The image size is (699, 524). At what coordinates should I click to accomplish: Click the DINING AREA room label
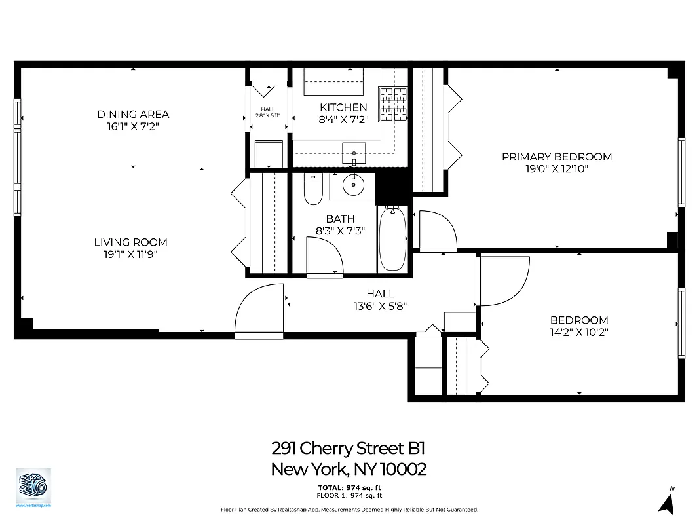pos(133,115)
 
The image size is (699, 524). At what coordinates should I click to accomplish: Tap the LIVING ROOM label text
pos(130,242)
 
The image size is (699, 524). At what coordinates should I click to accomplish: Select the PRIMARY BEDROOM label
pos(557,157)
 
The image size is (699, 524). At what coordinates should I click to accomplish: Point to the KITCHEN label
pos(343,107)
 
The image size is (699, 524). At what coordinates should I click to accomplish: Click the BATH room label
pos(340,219)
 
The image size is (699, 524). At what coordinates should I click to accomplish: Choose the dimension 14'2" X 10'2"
pos(579,332)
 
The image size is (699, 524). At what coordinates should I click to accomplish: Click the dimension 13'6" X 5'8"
pos(380,306)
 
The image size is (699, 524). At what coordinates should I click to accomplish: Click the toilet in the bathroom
pos(313,189)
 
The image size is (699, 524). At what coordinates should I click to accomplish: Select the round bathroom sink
pos(353,186)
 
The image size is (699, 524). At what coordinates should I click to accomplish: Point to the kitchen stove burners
pos(395,105)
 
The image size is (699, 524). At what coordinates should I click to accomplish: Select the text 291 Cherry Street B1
pos(349,449)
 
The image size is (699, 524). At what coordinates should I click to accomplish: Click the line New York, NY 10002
pos(349,469)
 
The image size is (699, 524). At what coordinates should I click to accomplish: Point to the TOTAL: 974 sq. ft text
pos(349,488)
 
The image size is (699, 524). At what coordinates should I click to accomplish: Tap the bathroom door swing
pos(324,257)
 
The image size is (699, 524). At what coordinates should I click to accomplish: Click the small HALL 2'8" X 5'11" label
pos(268,112)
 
